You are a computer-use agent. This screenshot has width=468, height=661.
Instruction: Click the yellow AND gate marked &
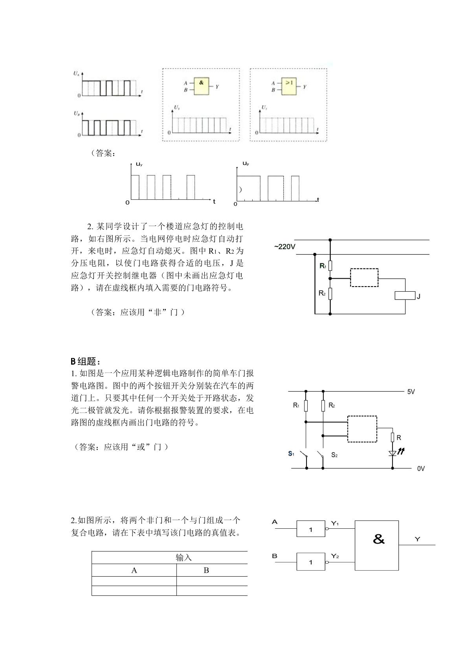click(x=201, y=86)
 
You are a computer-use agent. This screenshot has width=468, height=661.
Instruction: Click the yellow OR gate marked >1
click(x=289, y=87)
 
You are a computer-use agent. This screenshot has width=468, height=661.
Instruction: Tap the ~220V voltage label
click(x=284, y=247)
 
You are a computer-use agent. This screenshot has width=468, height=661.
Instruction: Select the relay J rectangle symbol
click(x=405, y=296)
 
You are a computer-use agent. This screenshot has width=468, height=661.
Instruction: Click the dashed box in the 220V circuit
click(x=364, y=278)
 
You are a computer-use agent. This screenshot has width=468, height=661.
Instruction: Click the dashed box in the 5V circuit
click(x=362, y=429)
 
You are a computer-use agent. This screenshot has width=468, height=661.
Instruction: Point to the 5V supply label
click(x=411, y=392)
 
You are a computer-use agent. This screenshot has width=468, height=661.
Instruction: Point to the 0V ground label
click(x=421, y=469)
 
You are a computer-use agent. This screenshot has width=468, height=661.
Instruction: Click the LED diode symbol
click(x=393, y=453)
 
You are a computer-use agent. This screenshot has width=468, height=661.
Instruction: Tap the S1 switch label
click(x=291, y=453)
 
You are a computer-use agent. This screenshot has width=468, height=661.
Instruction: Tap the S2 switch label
click(x=334, y=455)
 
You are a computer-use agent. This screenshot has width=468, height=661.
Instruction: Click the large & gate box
click(x=377, y=545)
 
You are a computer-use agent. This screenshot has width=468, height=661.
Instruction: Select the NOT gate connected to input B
click(x=311, y=562)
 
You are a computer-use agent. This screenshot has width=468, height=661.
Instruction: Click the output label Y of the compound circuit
click(x=417, y=539)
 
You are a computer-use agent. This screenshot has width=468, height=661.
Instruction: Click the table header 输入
click(x=184, y=557)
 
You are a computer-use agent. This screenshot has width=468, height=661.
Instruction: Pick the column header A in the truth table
click(x=134, y=570)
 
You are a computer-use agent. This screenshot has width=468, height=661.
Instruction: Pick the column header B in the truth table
click(x=206, y=570)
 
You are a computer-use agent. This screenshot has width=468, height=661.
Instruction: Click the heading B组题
click(x=86, y=361)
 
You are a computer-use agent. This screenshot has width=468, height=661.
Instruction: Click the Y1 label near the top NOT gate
click(x=335, y=524)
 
